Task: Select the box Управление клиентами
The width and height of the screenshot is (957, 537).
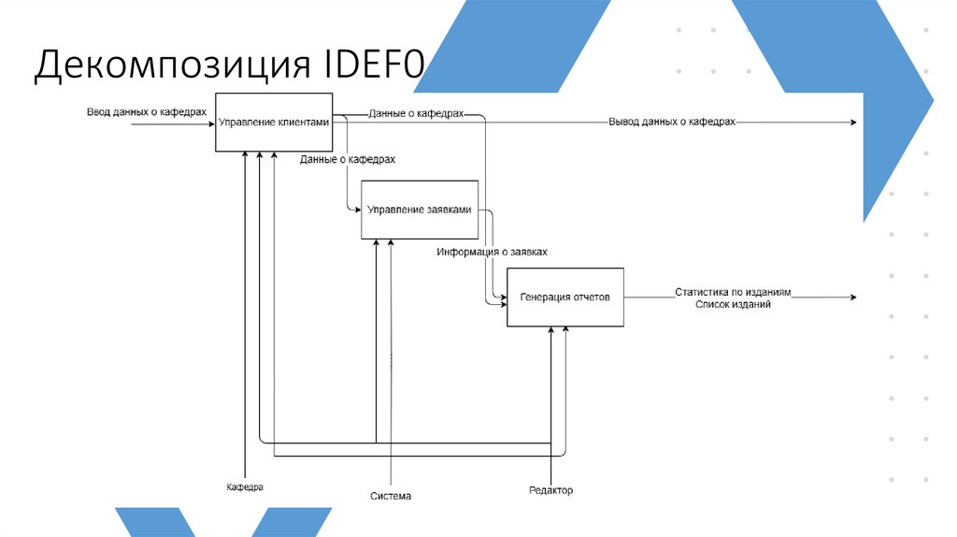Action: click(274, 123)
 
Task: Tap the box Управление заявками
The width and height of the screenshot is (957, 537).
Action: click(420, 210)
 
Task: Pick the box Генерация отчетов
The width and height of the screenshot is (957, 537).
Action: click(564, 298)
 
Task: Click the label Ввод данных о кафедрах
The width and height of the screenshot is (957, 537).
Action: click(147, 111)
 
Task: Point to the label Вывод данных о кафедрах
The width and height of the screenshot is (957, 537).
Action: click(672, 123)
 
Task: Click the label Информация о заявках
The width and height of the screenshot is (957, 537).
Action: click(492, 252)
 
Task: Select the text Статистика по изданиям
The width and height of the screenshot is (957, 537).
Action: click(733, 292)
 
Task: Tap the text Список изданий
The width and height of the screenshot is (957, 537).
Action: click(733, 304)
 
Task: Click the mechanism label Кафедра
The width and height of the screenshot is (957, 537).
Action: click(245, 487)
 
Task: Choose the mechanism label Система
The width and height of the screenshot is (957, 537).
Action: click(390, 496)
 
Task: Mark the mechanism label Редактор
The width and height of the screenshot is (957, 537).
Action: click(550, 491)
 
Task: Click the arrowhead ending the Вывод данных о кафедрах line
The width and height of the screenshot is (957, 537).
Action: click(851, 123)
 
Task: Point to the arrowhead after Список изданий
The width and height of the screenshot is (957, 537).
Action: click(851, 298)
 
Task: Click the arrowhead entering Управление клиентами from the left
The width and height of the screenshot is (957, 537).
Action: click(210, 123)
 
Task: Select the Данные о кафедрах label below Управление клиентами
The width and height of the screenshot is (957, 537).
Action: click(348, 159)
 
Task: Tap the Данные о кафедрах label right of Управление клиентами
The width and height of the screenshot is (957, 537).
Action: click(416, 112)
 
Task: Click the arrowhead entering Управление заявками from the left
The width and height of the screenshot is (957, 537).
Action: click(357, 210)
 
